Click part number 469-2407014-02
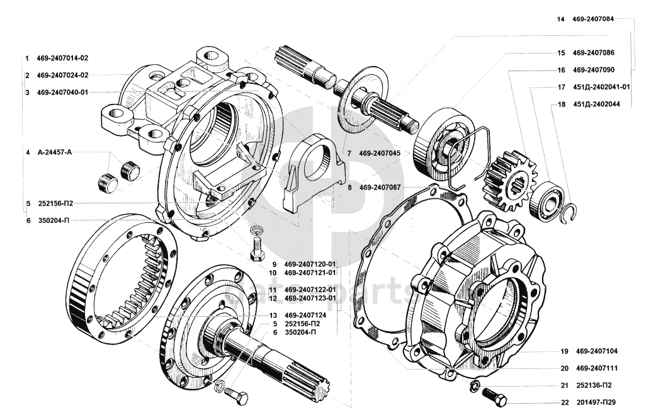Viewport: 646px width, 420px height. (62, 58)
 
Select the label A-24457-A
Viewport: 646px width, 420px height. (54, 152)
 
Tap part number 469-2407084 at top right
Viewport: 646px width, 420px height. (593, 19)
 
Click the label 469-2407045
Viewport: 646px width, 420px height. (380, 153)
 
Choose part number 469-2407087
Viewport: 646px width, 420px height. (380, 187)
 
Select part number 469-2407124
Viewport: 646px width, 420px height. (305, 315)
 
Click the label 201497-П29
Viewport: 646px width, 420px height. (596, 402)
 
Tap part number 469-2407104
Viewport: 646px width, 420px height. (596, 351)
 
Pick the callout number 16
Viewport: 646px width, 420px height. (562, 70)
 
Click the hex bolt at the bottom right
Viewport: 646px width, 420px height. (494, 397)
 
